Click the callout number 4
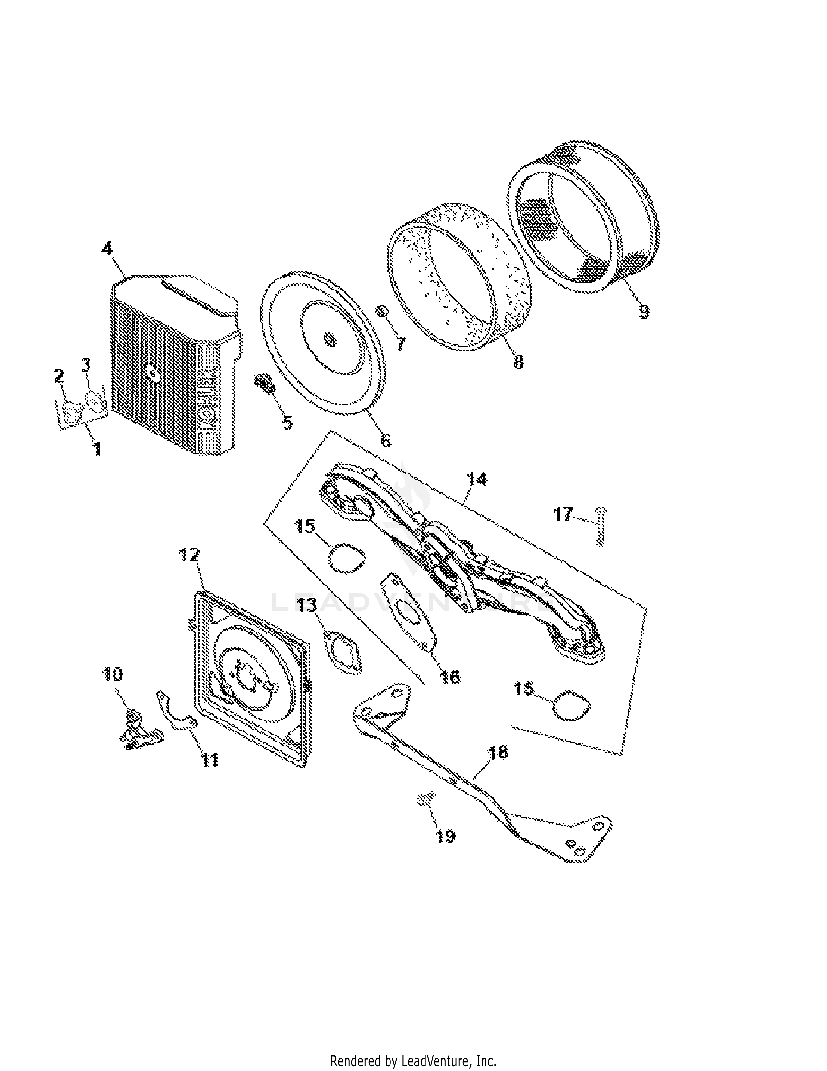pyautogui.click(x=107, y=248)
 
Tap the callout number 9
pyautogui.click(x=644, y=311)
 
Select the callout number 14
pyautogui.click(x=477, y=479)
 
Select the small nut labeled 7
pyautogui.click(x=383, y=311)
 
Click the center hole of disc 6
pyautogui.click(x=330, y=339)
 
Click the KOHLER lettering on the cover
pyautogui.click(x=208, y=392)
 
